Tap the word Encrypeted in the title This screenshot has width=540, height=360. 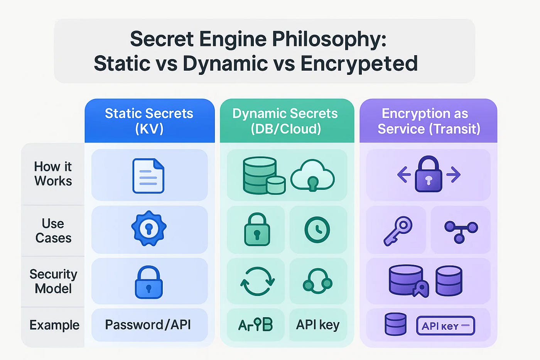click(x=359, y=64)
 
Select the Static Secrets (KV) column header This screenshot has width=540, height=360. click(x=149, y=121)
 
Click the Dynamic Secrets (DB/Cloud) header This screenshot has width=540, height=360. click(x=285, y=121)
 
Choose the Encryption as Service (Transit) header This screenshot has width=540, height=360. click(x=428, y=121)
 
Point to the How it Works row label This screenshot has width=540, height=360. click(x=53, y=174)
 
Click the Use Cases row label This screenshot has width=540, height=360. click(x=53, y=231)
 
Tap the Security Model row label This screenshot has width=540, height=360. click(x=53, y=281)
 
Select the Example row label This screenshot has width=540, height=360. click(x=54, y=325)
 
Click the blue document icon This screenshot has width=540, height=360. click(x=148, y=176)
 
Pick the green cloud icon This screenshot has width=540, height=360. click(x=312, y=176)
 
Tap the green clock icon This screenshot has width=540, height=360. click(x=317, y=230)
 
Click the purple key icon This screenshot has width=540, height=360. click(x=398, y=230)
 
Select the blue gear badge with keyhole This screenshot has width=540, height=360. click(x=149, y=228)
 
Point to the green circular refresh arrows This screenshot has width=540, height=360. click(x=257, y=281)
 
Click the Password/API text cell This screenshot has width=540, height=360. click(x=148, y=325)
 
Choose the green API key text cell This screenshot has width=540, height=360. click(x=318, y=325)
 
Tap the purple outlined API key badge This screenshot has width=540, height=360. click(x=445, y=326)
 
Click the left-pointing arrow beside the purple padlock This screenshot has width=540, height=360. click(x=404, y=175)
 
